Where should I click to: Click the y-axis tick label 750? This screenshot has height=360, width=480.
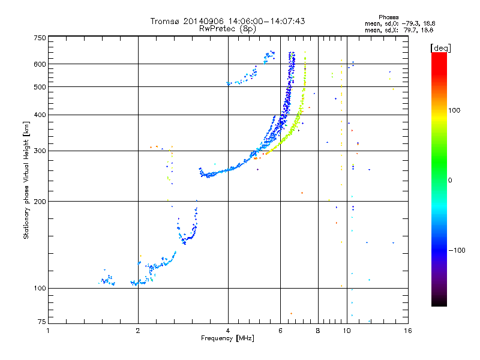(40, 37)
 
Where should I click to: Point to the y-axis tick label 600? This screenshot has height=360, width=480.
(40, 64)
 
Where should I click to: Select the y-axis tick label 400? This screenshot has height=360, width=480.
(40, 115)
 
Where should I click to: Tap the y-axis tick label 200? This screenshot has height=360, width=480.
(40, 201)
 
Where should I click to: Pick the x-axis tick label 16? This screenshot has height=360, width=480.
(407, 331)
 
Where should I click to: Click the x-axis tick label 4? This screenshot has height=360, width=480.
(228, 331)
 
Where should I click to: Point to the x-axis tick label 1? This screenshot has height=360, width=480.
(48, 331)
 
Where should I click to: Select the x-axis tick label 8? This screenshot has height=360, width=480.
(317, 331)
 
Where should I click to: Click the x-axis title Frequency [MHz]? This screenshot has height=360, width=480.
(227, 339)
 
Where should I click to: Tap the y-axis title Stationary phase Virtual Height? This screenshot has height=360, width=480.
(26, 180)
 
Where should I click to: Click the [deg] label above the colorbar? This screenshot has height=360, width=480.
(441, 47)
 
